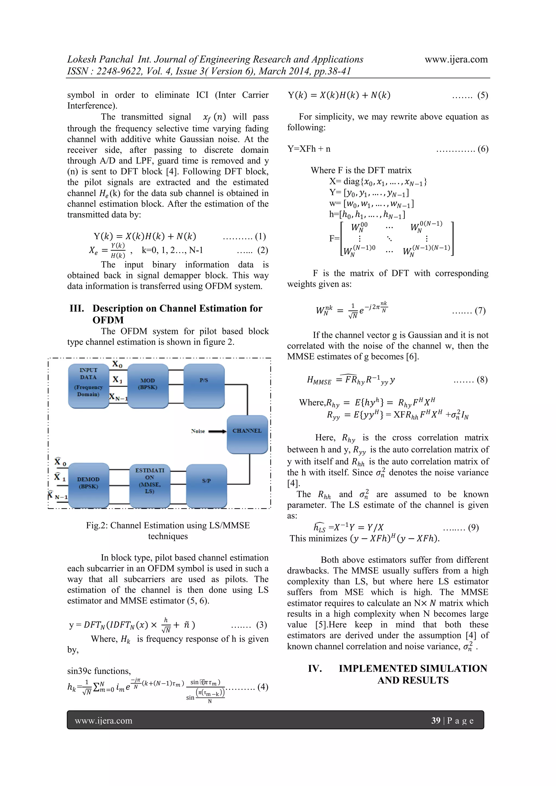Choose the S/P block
click(206, 485)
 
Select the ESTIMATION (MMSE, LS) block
click(150, 485)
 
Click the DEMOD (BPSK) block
click(88, 485)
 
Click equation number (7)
click(480, 311)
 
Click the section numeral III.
click(77, 308)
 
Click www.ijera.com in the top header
click(456, 59)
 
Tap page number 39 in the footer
click(435, 721)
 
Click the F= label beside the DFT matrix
click(334, 238)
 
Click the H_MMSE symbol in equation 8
click(319, 380)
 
